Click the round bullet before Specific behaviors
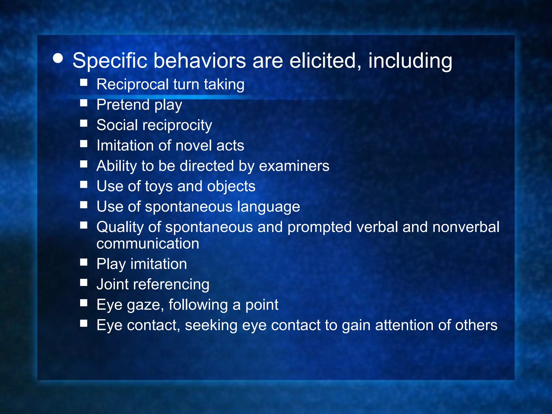pos(58,58)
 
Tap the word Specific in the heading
pos(110,61)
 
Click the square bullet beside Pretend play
pos(84,103)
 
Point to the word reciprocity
pos(177,126)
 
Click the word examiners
pos(294,166)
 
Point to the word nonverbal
pos(466,227)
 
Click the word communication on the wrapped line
pos(148,244)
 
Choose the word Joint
pos(112,284)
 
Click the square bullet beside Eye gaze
pos(84,303)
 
